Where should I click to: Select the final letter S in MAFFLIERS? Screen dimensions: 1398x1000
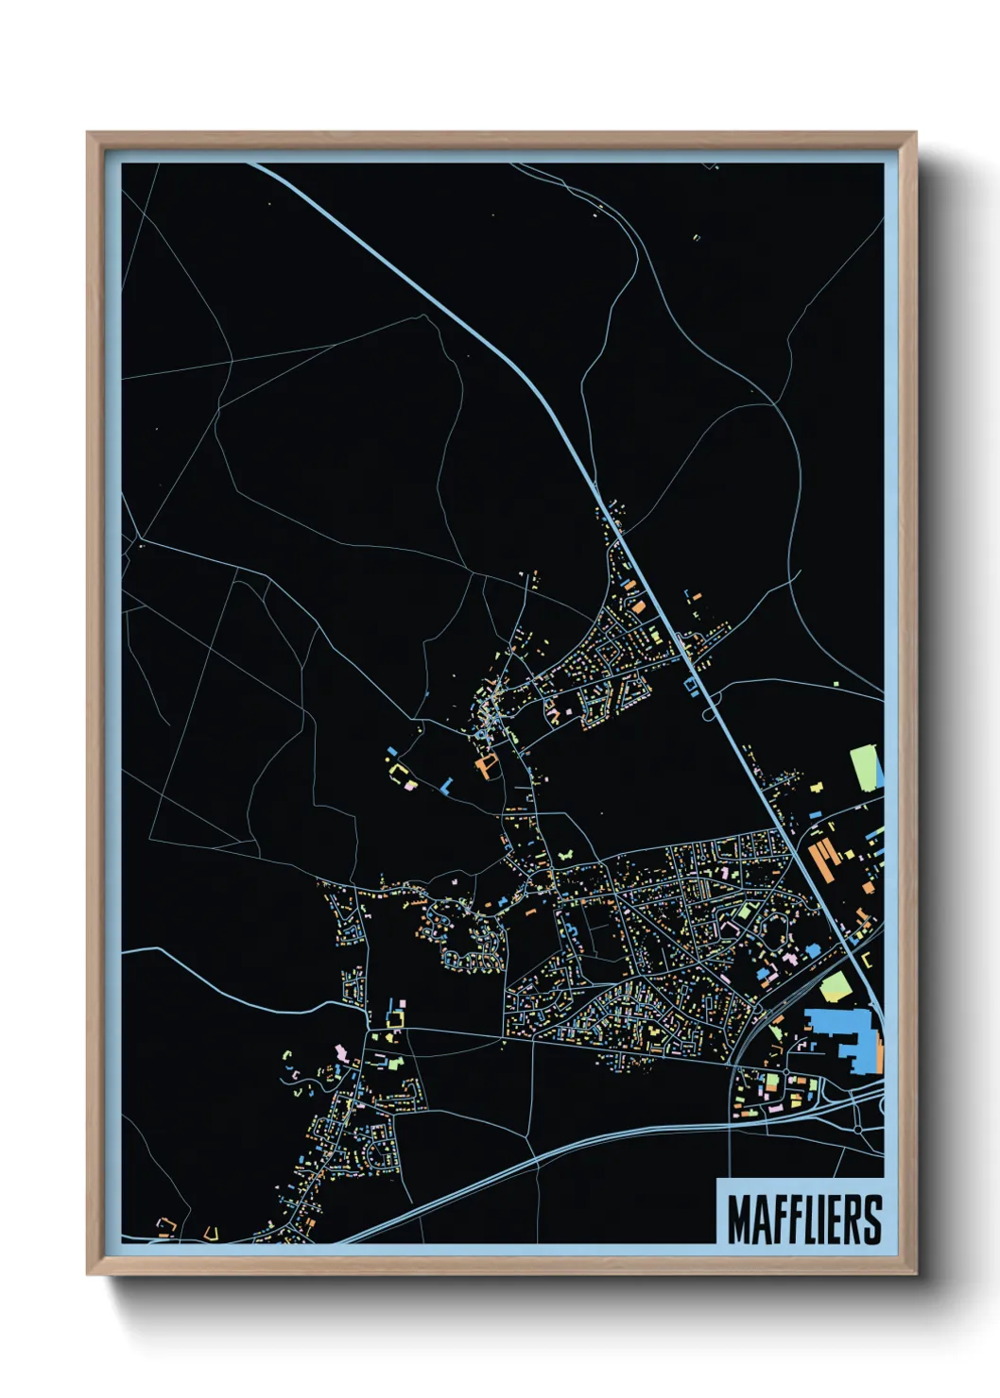pyautogui.click(x=872, y=1219)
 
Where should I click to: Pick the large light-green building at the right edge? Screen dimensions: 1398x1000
pyautogui.click(x=863, y=768)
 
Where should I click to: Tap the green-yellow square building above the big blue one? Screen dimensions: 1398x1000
pyautogui.click(x=835, y=987)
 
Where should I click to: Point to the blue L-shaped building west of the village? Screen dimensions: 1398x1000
pyautogui.click(x=445, y=786)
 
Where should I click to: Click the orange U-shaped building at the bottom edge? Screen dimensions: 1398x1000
pyautogui.click(x=210, y=1233)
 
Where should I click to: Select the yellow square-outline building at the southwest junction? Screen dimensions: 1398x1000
pyautogui.click(x=395, y=1018)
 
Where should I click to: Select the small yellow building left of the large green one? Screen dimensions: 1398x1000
pyautogui.click(x=819, y=786)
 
